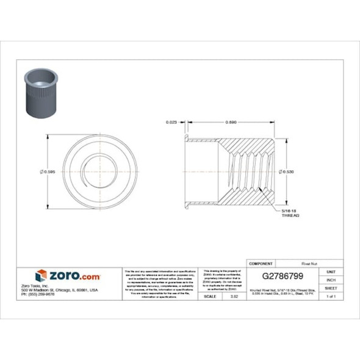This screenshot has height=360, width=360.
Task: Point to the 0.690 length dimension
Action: [x=231, y=123]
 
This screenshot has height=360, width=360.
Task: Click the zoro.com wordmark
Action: [x=74, y=276]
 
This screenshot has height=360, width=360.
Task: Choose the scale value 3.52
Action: [x=234, y=296]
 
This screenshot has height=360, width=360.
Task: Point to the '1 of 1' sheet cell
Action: [x=331, y=296]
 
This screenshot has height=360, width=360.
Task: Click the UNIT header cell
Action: [x=331, y=272]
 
